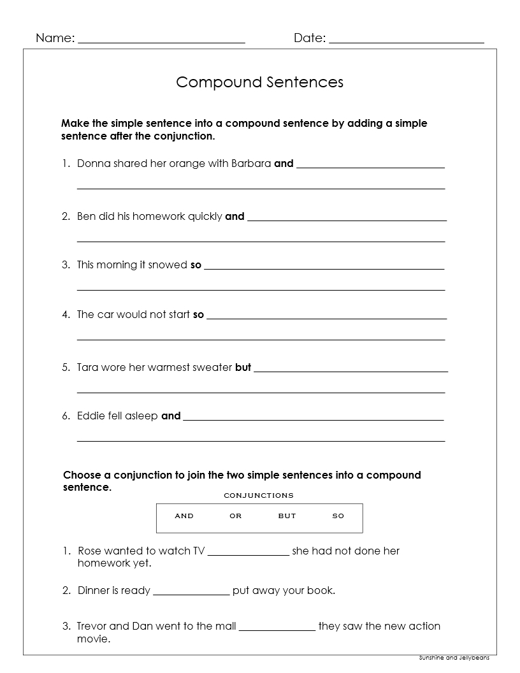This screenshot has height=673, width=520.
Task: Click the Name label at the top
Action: coord(54,38)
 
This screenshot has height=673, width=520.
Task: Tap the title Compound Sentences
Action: coord(259,82)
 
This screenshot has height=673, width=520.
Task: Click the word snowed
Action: coord(168,265)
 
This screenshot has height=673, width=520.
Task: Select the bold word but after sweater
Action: coord(243,368)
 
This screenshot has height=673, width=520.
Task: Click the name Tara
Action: coord(88,368)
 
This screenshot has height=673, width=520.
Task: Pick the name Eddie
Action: coord(90,416)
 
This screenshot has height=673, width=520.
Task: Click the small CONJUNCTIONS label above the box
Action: coord(259,495)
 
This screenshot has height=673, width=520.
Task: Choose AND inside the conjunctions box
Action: coord(184,516)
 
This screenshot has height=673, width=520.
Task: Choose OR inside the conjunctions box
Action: coord(236,516)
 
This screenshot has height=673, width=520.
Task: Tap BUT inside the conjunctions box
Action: coord(287,516)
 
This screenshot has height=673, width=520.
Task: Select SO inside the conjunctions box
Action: coord(338,516)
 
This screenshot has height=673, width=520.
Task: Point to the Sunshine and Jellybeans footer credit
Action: coord(454,658)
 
